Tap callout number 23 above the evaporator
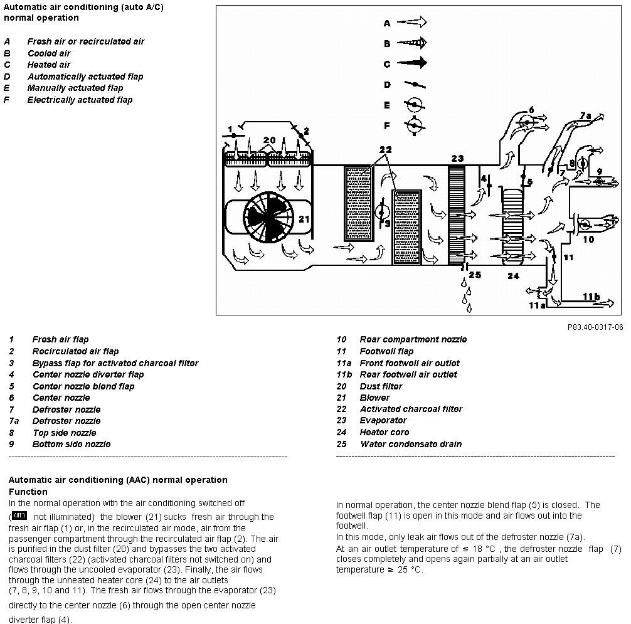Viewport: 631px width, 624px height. click(457, 159)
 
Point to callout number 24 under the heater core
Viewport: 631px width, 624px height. click(513, 276)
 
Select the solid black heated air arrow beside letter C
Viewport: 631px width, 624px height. click(411, 63)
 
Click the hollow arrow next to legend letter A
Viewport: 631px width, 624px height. click(411, 22)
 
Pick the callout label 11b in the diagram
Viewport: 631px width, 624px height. click(591, 297)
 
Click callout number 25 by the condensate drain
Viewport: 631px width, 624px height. click(475, 275)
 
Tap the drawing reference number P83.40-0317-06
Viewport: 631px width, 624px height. click(595, 327)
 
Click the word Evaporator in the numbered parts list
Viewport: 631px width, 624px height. click(383, 420)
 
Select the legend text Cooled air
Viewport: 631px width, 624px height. click(49, 53)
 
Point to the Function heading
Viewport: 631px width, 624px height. click(28, 492)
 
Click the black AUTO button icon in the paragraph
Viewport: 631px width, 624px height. click(19, 516)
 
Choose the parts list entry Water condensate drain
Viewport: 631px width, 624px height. click(411, 444)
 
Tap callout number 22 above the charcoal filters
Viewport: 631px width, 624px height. click(385, 150)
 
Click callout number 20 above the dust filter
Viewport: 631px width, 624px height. click(269, 140)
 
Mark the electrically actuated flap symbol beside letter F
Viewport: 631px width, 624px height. click(415, 126)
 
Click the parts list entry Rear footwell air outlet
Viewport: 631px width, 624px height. click(408, 374)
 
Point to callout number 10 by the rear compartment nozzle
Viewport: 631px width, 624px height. click(588, 240)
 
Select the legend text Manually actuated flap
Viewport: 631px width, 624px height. click(75, 88)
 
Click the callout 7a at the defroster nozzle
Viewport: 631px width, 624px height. click(585, 116)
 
